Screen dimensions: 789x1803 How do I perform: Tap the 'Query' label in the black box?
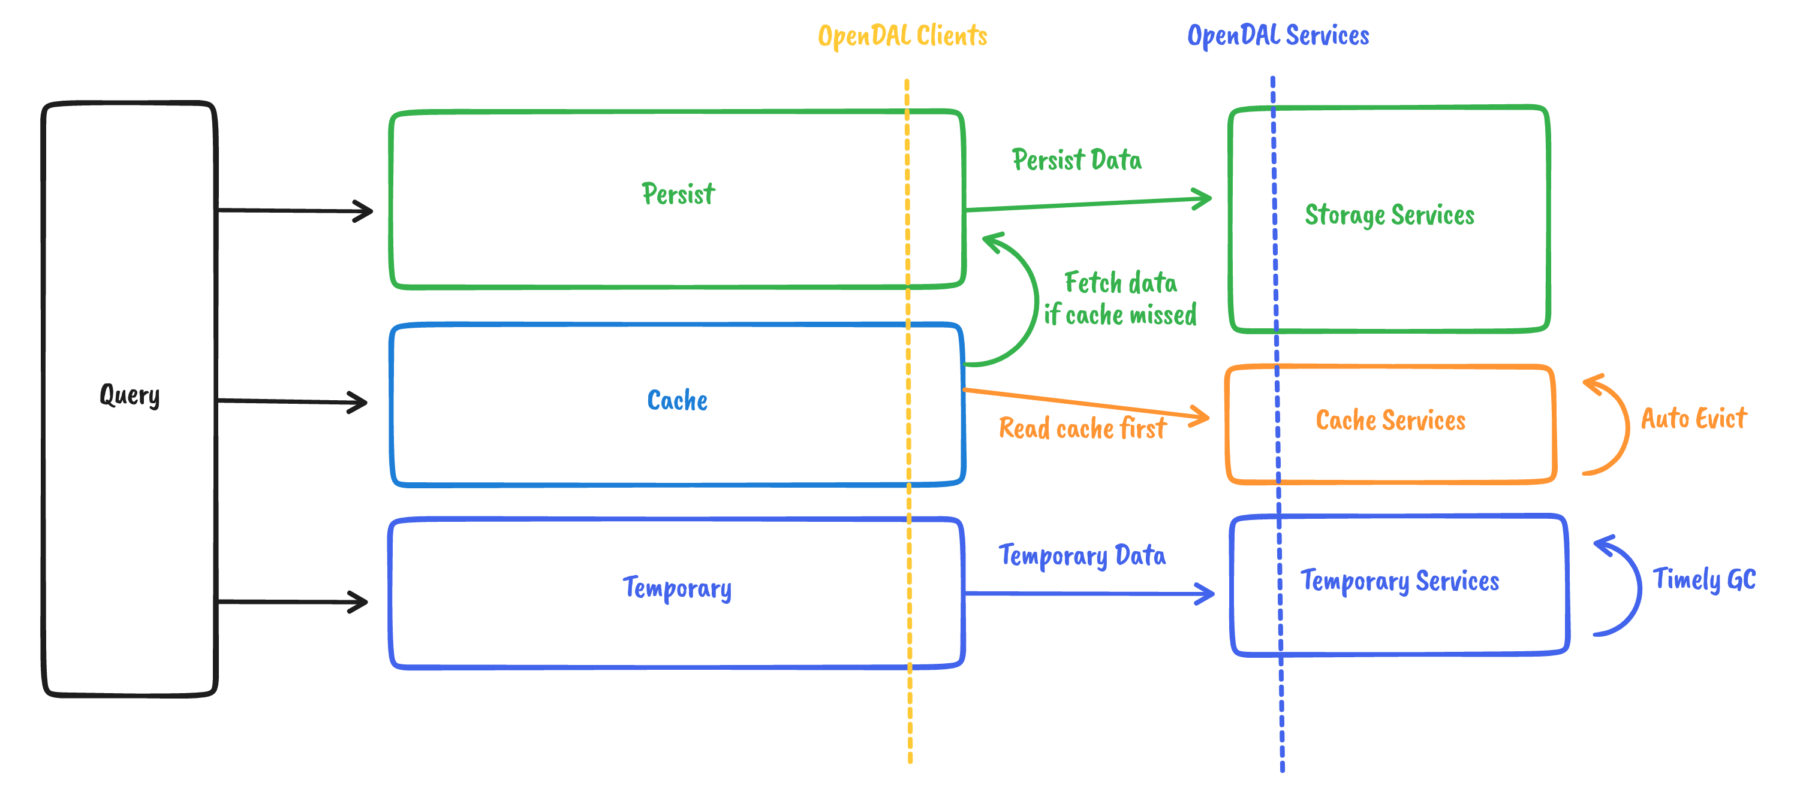click(130, 395)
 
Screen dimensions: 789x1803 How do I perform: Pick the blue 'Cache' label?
click(677, 401)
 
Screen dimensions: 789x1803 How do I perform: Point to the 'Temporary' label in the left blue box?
click(677, 588)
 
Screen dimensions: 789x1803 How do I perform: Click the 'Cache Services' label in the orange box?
click(1390, 421)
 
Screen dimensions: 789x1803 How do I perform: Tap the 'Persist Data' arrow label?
click(1076, 160)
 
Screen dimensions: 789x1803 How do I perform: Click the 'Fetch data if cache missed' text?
click(1120, 299)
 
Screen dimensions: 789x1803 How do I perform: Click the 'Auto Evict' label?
click(1693, 418)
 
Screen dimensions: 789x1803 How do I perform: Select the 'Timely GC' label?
click(1703, 579)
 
